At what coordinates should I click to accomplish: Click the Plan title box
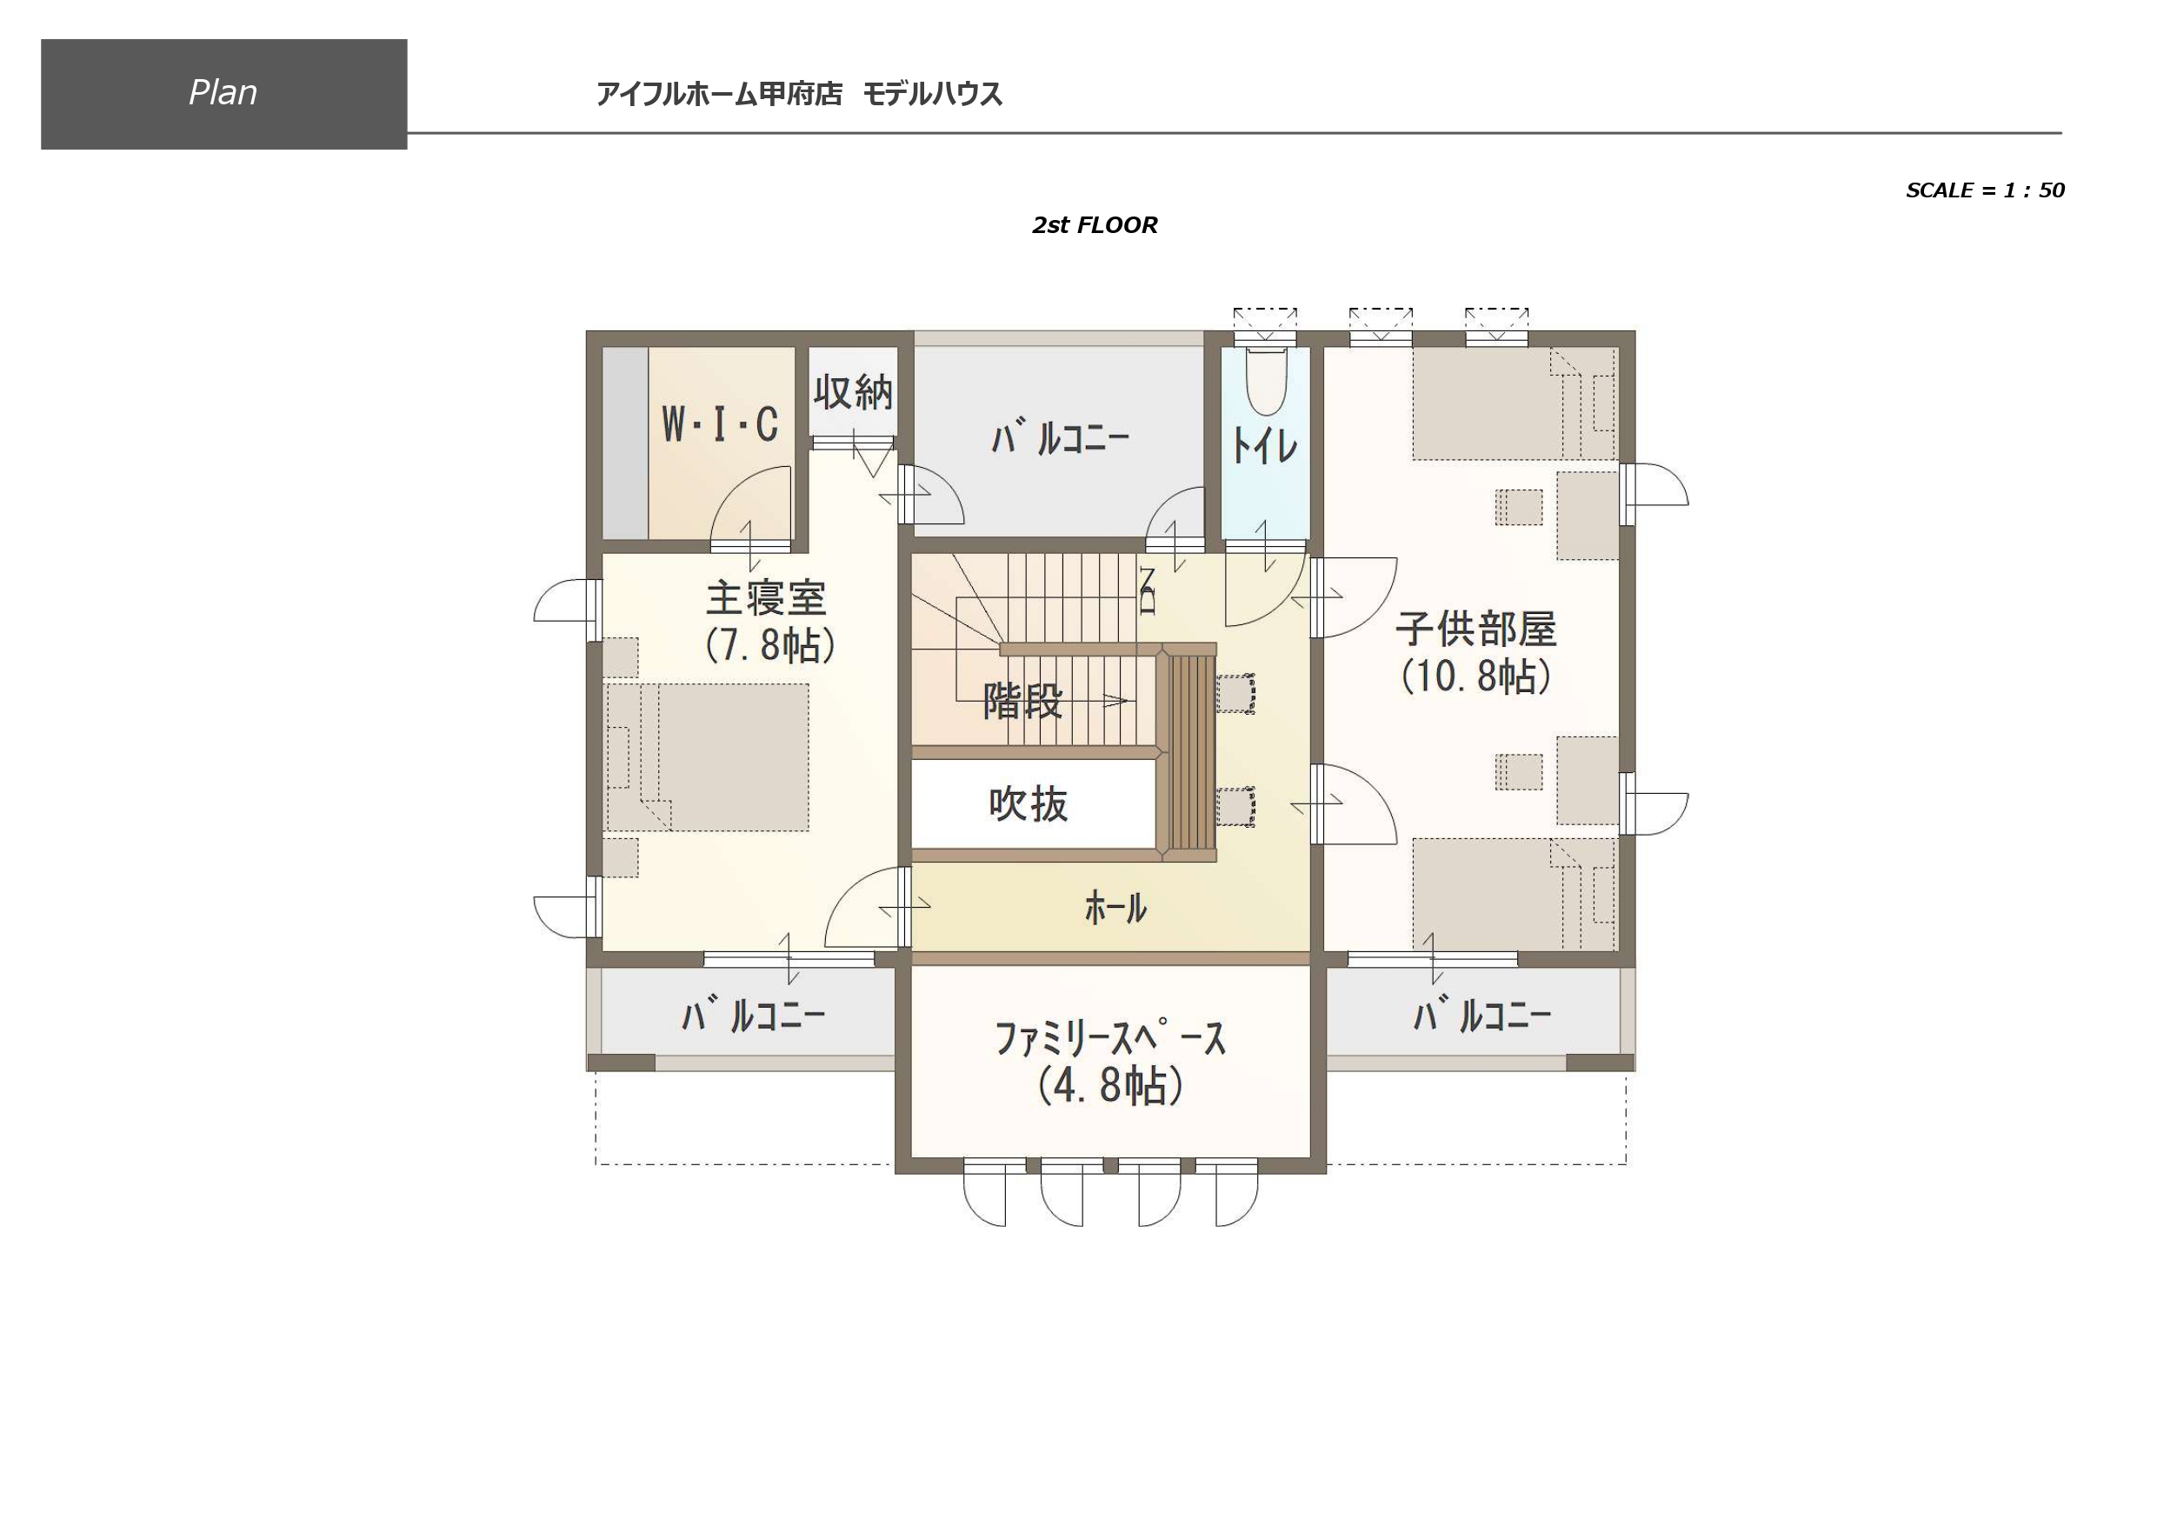[x=223, y=94]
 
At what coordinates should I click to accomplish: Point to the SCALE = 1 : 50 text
[x=1984, y=190]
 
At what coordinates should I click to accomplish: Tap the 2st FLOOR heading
[x=1095, y=224]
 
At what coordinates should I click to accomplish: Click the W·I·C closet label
[x=721, y=423]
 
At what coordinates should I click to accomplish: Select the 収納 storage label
[x=853, y=392]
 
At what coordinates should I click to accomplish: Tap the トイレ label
[x=1264, y=445]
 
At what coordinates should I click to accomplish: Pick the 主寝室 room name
[x=767, y=597]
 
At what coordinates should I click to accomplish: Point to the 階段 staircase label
[x=1023, y=700]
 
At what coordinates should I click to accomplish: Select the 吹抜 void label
[x=1029, y=804]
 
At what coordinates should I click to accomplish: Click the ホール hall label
[x=1116, y=908]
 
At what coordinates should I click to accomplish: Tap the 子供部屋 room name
[x=1476, y=629]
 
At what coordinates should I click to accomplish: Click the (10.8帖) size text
[x=1476, y=676]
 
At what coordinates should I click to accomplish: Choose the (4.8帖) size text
[x=1110, y=1085]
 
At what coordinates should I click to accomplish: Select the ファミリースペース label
[x=1110, y=1038]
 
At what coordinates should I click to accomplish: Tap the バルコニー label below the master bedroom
[x=754, y=1016]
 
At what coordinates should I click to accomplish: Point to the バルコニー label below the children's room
[x=1482, y=1016]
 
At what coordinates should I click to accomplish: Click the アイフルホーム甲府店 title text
[x=719, y=94]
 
